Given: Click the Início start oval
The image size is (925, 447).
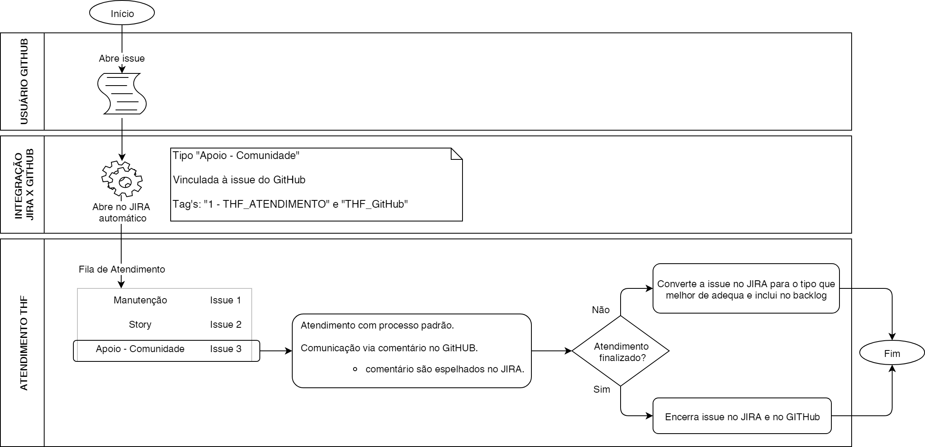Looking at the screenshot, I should point(122,13).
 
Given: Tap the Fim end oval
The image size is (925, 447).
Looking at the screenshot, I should point(892,353).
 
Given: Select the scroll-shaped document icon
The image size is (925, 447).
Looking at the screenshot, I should point(122,94).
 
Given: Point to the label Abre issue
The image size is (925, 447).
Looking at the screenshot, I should point(122,58).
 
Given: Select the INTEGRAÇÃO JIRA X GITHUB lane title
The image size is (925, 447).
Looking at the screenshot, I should point(24,185).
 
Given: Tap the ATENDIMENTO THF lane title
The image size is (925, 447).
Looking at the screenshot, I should point(24,343).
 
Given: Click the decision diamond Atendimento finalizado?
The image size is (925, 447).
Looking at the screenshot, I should point(621,351).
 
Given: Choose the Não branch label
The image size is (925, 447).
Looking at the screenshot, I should point(600,310).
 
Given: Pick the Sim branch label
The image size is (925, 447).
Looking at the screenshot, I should point(602,389).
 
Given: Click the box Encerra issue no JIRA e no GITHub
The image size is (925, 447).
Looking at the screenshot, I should point(742,416).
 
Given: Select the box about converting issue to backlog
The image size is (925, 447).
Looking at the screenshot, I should point(746,289).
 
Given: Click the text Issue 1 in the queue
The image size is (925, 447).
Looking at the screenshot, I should point(225,300).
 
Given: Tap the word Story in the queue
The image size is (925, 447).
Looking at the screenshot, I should point(140,325).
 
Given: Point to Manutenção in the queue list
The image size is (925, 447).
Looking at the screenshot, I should point(140,300).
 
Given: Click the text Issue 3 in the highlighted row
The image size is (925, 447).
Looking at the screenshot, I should point(225,349).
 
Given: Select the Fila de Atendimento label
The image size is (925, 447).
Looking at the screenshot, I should point(122,269).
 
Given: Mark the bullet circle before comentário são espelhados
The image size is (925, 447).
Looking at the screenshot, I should point(355,370).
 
